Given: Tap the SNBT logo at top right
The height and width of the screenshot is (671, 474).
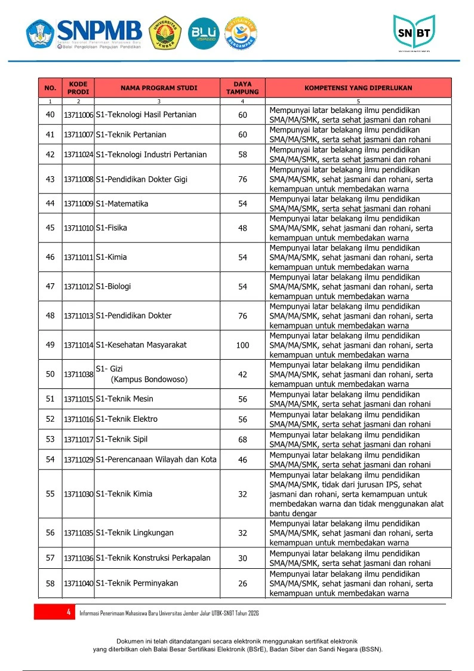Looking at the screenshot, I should pos(414,33).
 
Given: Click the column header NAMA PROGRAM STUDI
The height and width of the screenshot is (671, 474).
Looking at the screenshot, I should pos(158,88).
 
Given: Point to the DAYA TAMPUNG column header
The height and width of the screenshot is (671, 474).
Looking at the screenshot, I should pos(242,88).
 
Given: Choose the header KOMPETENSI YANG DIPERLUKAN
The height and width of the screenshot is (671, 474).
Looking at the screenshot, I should pos(358,88).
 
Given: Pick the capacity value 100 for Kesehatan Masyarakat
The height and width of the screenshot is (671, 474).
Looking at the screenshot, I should pos(242,345).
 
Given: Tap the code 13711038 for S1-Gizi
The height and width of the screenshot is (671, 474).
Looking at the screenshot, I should pos(79,375).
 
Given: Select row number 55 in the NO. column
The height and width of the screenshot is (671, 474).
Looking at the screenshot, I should pos(50,494).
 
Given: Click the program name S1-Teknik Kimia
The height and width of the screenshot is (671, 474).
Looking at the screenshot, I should pos(124,494).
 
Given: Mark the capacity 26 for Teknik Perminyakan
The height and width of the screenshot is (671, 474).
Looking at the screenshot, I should pos(242,584).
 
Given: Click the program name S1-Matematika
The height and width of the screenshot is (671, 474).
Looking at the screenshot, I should pos(122,204).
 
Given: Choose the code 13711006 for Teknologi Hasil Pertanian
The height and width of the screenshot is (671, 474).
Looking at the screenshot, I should pos(79,115).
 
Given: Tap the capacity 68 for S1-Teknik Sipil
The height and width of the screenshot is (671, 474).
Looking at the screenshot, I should pos(242,440).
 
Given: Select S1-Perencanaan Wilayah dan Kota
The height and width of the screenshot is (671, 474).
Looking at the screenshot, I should pos(156,459).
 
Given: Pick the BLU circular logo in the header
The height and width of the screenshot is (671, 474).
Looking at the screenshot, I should pos(203,33).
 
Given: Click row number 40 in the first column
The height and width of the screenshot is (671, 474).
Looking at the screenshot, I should pos(50,115).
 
